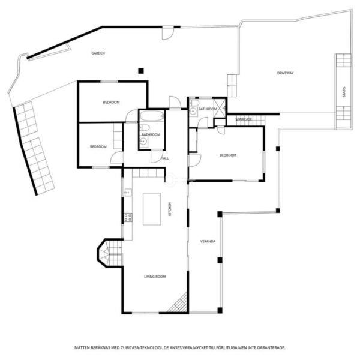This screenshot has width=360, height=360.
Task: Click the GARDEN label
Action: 98,53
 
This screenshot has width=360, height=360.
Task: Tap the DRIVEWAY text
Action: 285,73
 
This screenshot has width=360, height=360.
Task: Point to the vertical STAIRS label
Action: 344,92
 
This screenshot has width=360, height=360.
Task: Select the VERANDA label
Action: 208,241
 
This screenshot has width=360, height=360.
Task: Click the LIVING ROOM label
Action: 155,277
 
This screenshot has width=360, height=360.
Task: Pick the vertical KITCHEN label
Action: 170,209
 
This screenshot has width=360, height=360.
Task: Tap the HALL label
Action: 164,158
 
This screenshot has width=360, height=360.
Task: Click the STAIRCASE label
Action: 244,119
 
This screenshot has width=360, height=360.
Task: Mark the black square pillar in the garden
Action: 141,71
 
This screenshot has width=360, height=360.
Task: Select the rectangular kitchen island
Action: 152,209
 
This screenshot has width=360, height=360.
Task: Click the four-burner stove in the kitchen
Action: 128,217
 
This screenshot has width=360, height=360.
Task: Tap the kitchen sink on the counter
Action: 128,193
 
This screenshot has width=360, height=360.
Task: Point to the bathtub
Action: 152,116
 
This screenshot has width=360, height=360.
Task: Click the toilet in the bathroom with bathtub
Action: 145,127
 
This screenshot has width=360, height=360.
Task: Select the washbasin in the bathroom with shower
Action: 193,112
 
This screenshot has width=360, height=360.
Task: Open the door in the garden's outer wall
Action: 168,33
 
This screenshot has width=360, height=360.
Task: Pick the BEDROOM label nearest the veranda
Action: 228,155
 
